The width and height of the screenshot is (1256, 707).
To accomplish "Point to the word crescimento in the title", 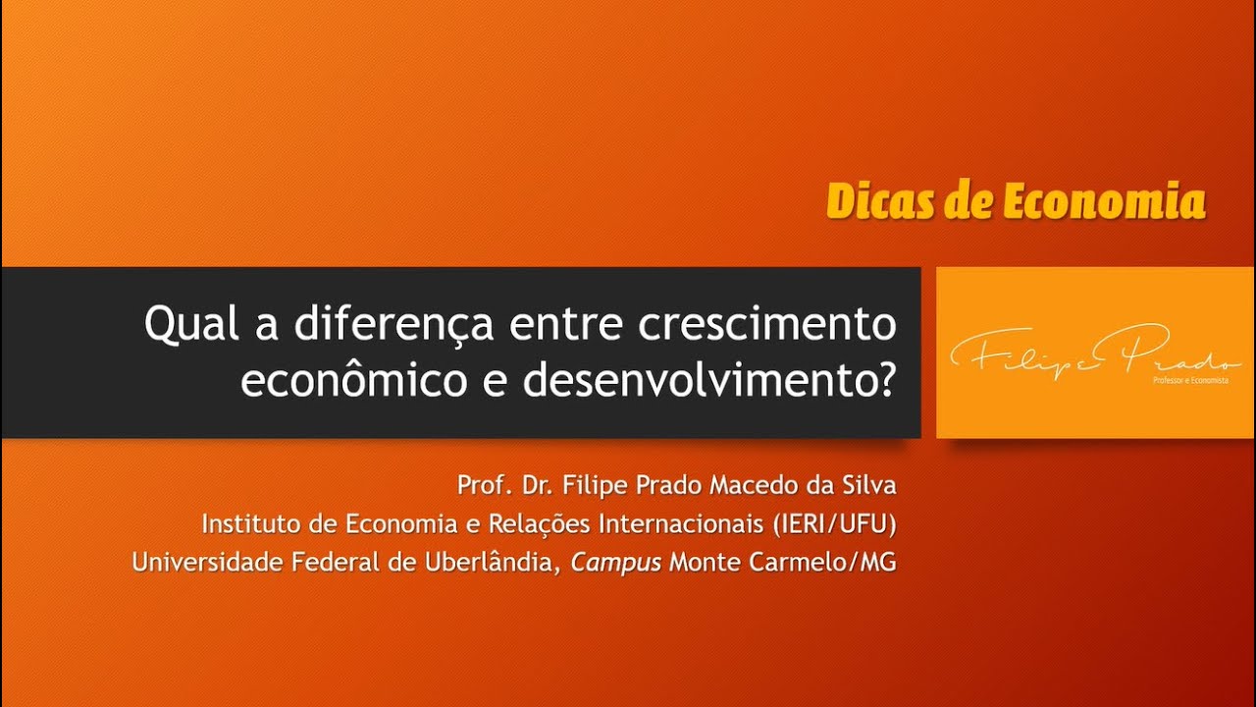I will point(766,323).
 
